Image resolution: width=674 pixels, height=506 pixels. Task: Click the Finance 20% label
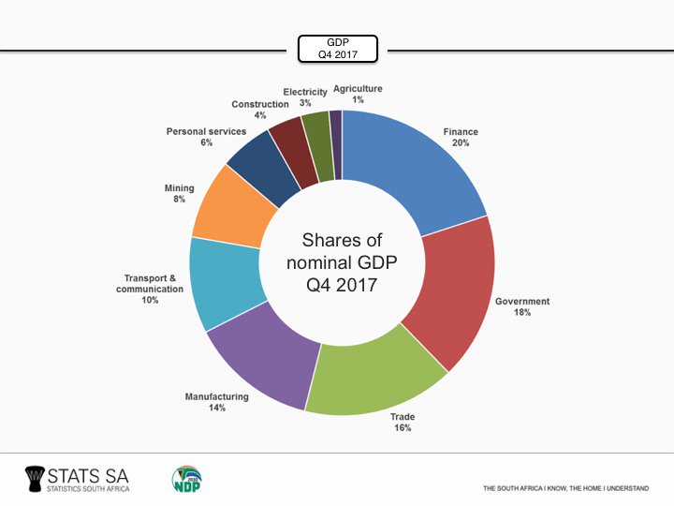click(461, 138)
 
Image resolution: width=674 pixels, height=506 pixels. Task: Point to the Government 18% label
click(521, 306)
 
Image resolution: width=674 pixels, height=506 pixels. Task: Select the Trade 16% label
click(403, 422)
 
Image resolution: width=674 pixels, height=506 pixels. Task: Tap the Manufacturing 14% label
click(216, 402)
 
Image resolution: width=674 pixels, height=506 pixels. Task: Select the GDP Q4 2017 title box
click(337, 49)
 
